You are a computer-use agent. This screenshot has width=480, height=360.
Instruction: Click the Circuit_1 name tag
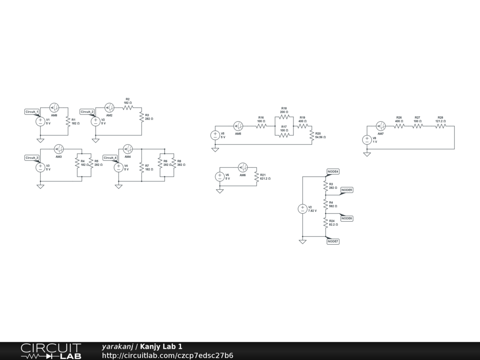[x=32, y=112]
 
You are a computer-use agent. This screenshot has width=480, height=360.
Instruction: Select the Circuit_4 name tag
[x=110, y=157]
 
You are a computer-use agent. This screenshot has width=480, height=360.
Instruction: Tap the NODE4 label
[x=333, y=172]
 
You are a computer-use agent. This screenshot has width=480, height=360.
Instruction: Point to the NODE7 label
[x=333, y=241]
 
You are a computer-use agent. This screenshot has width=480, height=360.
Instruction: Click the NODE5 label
[x=347, y=190]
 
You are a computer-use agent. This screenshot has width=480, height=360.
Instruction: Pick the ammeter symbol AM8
[x=54, y=107]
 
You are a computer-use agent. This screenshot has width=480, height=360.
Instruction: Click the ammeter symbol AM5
[x=238, y=126]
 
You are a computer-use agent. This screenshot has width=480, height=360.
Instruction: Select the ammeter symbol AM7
[x=381, y=126]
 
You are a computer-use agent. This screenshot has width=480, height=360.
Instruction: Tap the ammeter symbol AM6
[x=242, y=167]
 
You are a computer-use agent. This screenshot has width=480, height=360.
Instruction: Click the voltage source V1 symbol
[x=41, y=121]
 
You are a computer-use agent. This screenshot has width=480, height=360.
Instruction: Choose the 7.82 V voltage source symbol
[x=302, y=209]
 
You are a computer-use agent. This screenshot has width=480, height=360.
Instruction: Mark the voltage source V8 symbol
[x=367, y=140]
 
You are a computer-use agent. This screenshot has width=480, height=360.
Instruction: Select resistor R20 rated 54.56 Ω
[x=312, y=135]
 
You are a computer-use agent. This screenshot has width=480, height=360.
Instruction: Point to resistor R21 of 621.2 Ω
[x=256, y=177]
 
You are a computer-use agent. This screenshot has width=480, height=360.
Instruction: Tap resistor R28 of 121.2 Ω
[x=440, y=126]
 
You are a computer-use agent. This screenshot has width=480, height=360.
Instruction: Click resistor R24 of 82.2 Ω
[x=325, y=223]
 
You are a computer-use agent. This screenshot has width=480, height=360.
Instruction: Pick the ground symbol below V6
[x=219, y=191]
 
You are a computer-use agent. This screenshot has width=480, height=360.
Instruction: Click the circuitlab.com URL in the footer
[x=167, y=355]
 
